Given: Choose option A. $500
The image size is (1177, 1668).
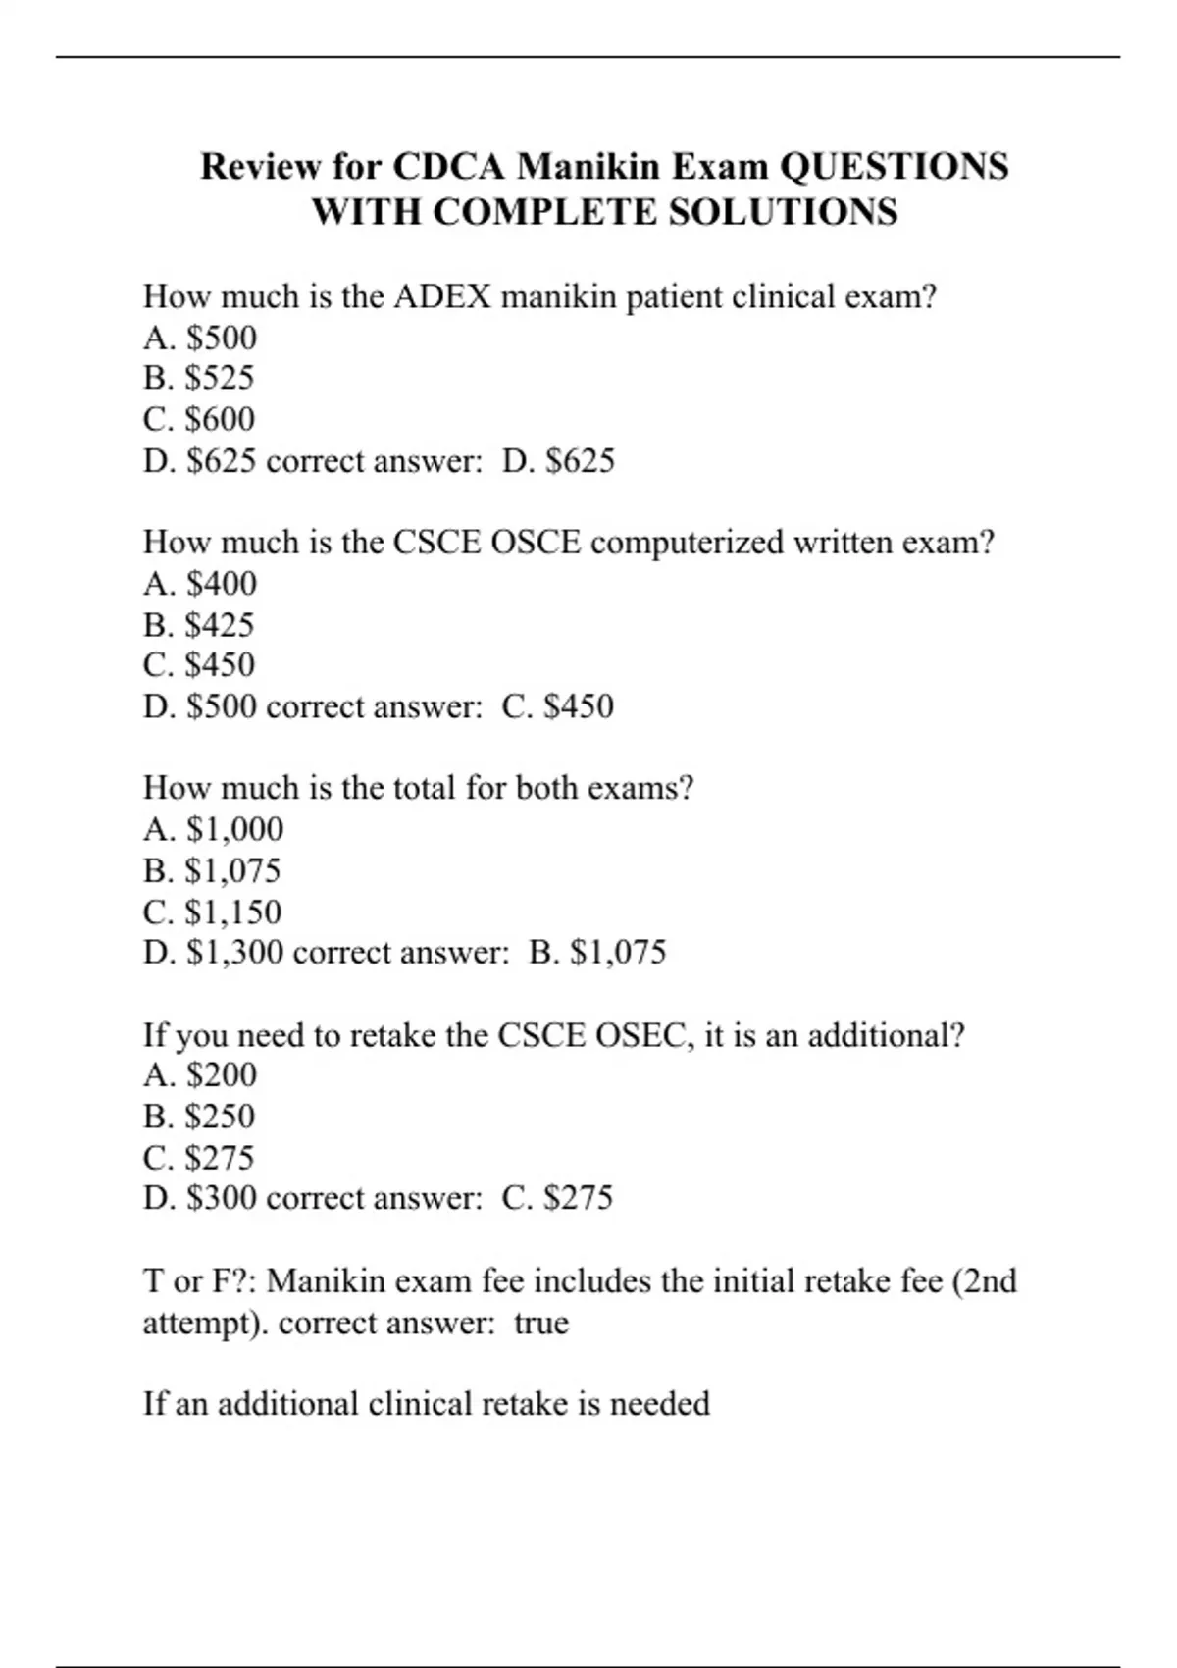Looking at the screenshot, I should click(x=200, y=338).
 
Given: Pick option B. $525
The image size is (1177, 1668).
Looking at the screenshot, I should click(x=199, y=378).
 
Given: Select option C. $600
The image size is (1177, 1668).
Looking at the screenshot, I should click(x=199, y=419).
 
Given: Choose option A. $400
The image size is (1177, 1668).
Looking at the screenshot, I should click(x=200, y=584).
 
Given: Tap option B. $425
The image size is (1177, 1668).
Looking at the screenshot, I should click(x=199, y=624).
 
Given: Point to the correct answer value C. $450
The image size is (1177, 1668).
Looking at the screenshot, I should click(x=557, y=706).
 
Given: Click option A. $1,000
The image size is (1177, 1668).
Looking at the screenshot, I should click(x=213, y=830).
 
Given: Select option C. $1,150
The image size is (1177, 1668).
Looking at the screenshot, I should click(x=212, y=912).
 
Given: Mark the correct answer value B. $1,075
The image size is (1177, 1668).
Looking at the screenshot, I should click(x=597, y=953).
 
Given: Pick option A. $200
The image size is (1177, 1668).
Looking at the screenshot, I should click(x=200, y=1075).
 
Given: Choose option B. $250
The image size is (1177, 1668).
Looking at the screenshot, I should click(x=199, y=1117).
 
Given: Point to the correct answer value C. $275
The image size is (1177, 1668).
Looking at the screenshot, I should click(x=557, y=1198).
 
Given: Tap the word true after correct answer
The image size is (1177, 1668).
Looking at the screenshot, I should click(x=541, y=1323).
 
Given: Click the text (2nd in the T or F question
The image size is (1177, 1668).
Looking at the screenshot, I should click(x=984, y=1281).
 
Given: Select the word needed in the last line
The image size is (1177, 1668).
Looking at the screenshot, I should click(x=659, y=1404).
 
